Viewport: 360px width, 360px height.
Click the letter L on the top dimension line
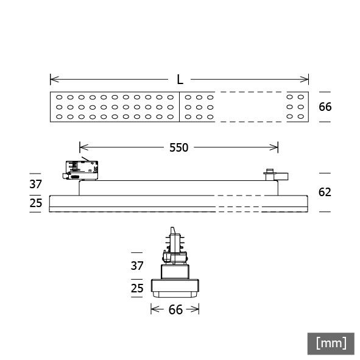(x=180, y=79)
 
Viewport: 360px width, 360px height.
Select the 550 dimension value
(x=178, y=147)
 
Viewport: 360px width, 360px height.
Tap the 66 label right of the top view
(x=325, y=107)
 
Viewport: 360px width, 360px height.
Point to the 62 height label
(x=325, y=192)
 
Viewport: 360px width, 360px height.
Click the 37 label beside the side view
(x=36, y=185)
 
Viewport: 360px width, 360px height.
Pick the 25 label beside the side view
(x=36, y=203)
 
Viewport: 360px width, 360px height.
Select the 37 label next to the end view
(x=137, y=266)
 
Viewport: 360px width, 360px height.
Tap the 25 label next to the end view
(x=137, y=286)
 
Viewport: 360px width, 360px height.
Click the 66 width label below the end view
(x=175, y=310)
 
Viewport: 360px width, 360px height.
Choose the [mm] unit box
(x=331, y=343)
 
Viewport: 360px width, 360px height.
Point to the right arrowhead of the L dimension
(x=306, y=79)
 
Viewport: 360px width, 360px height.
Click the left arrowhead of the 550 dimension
(x=82, y=147)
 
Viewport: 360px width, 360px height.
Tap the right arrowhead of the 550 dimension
(x=275, y=147)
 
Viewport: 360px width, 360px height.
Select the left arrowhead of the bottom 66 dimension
(x=153, y=310)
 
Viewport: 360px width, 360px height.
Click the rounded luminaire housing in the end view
(x=175, y=286)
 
